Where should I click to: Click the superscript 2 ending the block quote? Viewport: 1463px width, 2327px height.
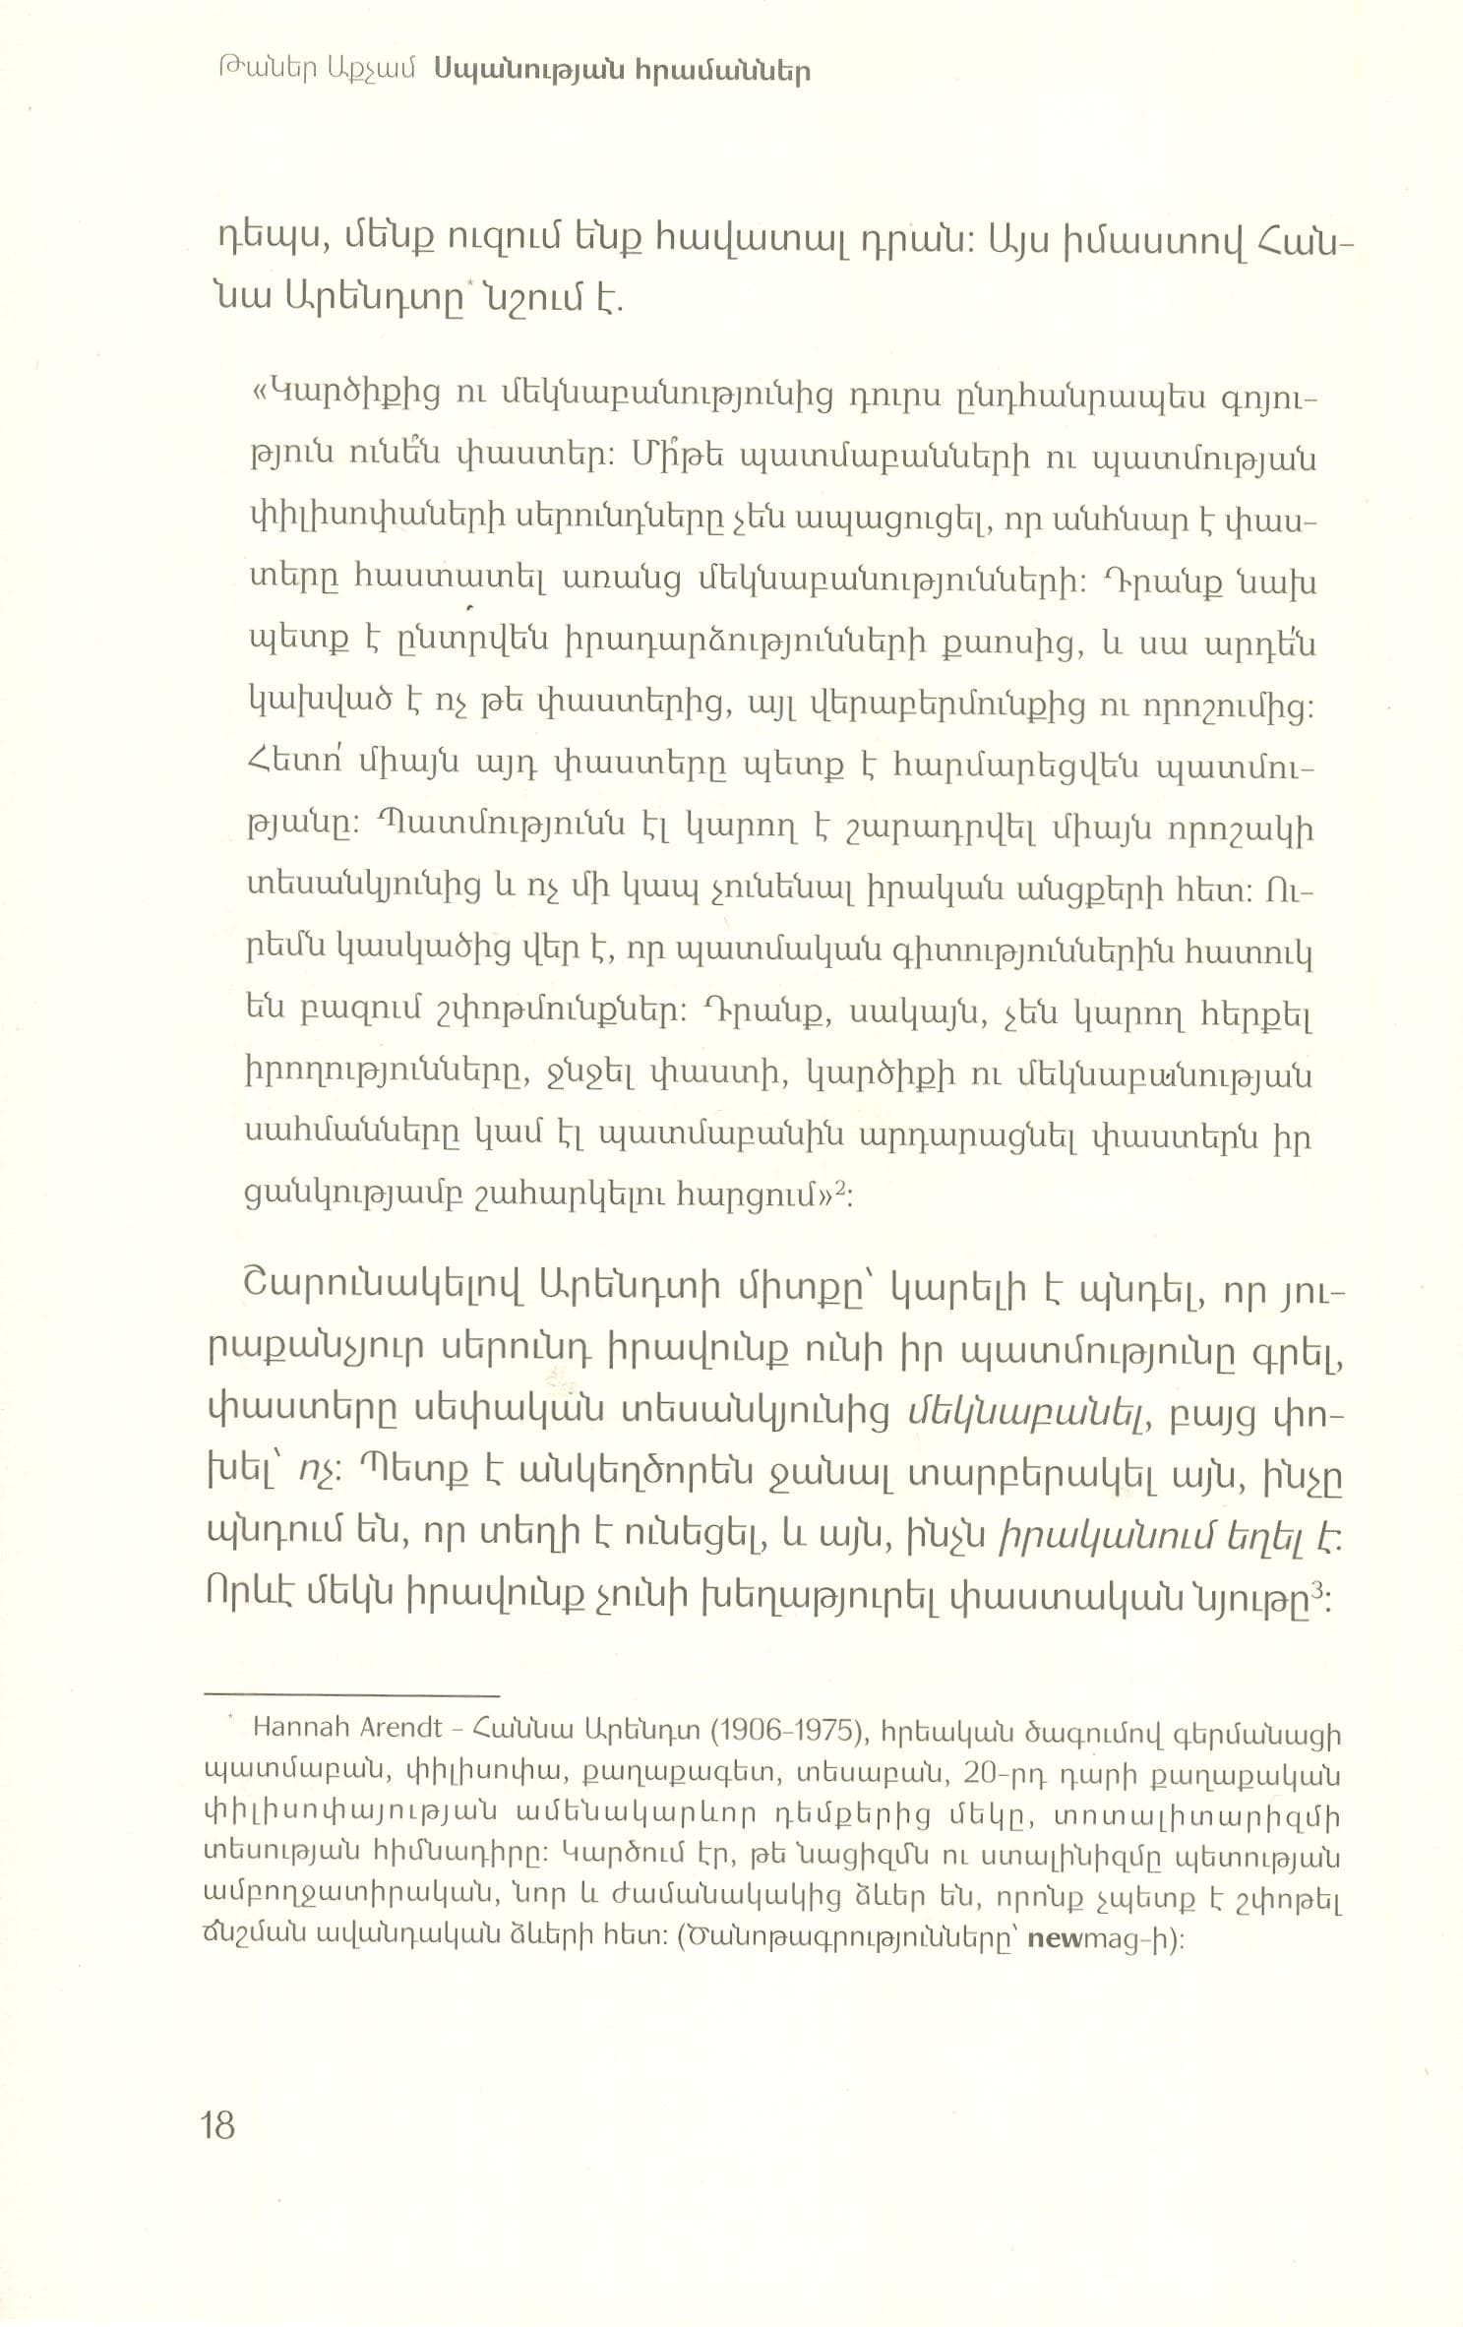coord(841,1192)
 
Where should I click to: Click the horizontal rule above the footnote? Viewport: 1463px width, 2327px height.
coord(351,1695)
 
